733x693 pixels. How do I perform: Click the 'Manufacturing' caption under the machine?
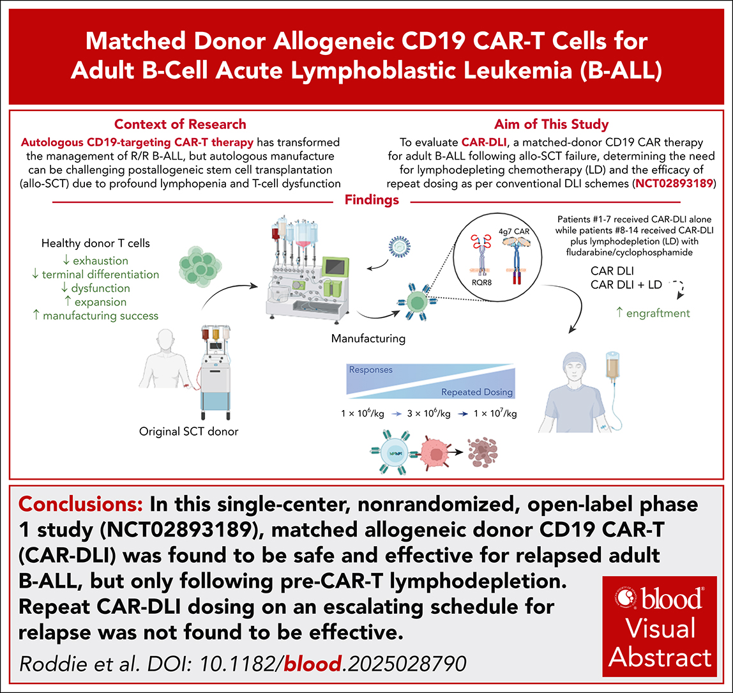(x=367, y=339)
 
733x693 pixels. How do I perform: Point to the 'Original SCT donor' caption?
(x=188, y=431)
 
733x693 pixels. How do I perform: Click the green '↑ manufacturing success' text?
(x=100, y=315)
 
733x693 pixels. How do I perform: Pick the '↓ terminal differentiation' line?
(x=100, y=275)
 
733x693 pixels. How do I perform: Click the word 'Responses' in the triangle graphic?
(x=370, y=369)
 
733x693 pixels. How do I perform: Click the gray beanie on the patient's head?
(x=568, y=353)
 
